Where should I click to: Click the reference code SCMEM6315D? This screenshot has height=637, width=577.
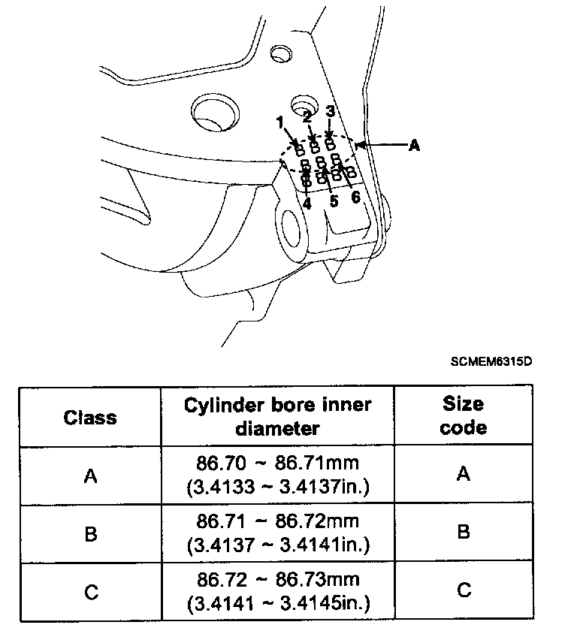(491, 361)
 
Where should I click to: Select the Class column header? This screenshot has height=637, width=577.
(90, 417)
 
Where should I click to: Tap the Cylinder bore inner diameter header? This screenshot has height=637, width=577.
(278, 416)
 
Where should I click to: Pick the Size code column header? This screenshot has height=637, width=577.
(463, 416)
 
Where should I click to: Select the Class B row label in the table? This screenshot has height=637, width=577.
(90, 533)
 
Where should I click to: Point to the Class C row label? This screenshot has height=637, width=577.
(90, 593)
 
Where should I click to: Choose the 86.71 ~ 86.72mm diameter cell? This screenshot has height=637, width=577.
(278, 534)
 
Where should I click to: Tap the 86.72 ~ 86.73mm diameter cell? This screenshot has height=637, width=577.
(278, 593)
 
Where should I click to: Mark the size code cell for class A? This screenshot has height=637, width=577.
(464, 474)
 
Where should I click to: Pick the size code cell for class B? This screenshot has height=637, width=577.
(464, 533)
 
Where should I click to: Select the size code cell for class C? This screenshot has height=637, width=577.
(464, 590)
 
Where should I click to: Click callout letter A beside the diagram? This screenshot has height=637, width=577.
(413, 146)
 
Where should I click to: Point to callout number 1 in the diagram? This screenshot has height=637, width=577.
(279, 121)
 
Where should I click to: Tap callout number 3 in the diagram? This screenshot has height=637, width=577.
(330, 110)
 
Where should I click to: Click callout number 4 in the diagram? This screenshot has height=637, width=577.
(307, 203)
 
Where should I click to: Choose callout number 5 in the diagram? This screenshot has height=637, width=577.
(334, 201)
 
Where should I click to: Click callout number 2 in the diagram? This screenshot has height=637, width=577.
(307, 116)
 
